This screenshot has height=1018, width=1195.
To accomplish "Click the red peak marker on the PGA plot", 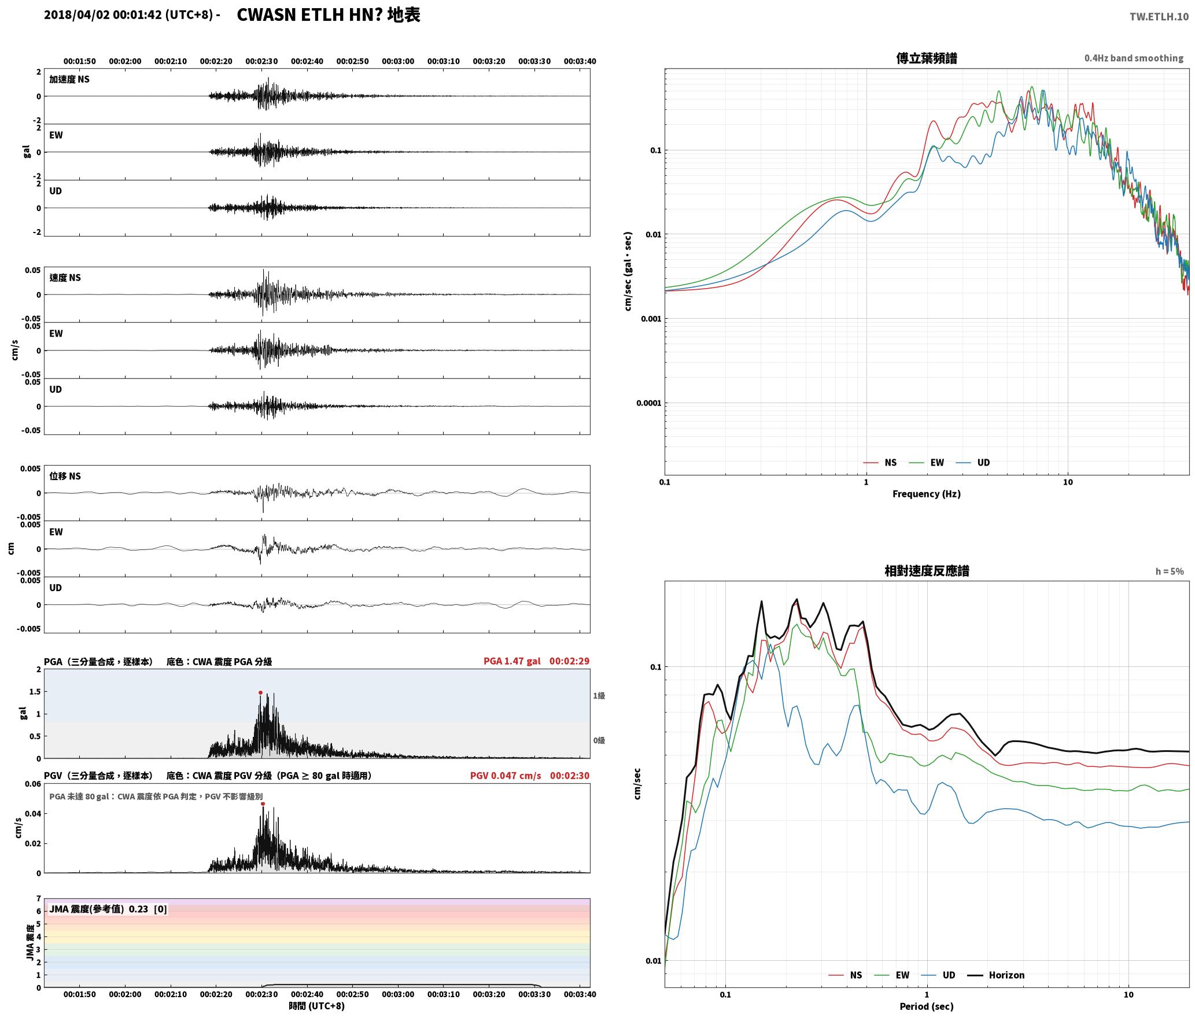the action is click(x=260, y=692).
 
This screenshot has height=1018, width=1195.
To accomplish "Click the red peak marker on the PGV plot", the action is click(x=263, y=803).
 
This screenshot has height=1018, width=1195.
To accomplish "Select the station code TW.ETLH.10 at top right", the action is click(x=1159, y=16).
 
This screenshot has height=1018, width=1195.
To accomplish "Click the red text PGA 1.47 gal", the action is click(x=512, y=661).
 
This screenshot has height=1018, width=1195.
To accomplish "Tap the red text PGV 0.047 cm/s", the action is click(x=506, y=776).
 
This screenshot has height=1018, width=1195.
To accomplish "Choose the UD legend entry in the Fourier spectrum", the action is click(x=972, y=463).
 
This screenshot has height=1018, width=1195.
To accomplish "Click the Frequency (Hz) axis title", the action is click(x=926, y=494).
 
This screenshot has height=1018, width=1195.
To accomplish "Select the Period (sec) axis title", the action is click(x=926, y=1006).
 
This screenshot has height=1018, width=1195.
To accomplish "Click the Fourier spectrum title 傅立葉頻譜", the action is click(x=926, y=58).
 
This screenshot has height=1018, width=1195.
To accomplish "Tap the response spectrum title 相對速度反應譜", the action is click(x=927, y=571).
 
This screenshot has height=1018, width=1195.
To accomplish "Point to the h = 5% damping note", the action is click(x=1170, y=571).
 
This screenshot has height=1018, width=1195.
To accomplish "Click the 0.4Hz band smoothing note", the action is click(x=1134, y=58).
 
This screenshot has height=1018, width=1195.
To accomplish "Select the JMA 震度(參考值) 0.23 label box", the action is click(x=108, y=909).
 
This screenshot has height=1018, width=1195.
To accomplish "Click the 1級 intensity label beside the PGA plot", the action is click(x=599, y=696).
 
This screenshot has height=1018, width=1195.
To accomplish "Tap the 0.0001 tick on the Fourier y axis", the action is click(x=648, y=403).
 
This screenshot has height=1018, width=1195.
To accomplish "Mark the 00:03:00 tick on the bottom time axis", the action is click(x=398, y=994).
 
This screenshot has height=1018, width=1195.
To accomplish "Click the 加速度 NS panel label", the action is click(x=69, y=79).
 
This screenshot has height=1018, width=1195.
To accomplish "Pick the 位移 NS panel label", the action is click(x=65, y=476).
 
